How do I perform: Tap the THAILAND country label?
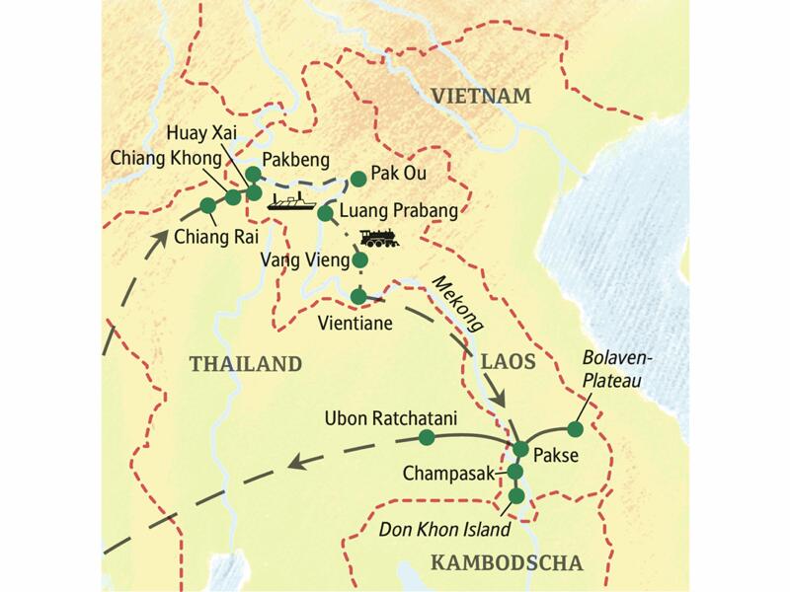(x=245, y=364)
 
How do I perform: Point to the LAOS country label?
(x=508, y=362)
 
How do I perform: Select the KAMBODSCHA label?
(x=507, y=563)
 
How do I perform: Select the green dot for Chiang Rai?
(x=207, y=206)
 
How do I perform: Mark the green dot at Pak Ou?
(x=355, y=179)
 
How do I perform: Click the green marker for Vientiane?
(x=358, y=295)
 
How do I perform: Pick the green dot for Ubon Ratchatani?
(x=427, y=436)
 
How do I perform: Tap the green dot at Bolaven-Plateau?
(x=575, y=429)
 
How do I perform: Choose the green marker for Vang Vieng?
(x=360, y=260)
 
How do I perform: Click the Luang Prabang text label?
(x=399, y=210)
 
